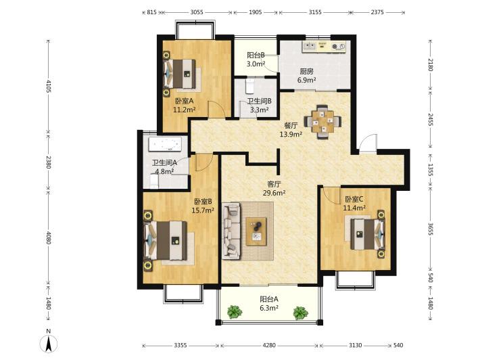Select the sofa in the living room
tap(231, 231)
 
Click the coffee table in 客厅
tap(256, 231)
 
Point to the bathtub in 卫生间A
tap(164, 144)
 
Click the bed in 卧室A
tap(180, 74)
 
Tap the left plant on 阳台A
tap(235, 311)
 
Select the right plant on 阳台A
tap(300, 313)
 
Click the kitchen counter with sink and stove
tap(324, 47)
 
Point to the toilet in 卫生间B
tap(249, 87)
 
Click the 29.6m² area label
tap(274, 193)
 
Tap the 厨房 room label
tap(307, 72)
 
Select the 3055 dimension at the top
tap(197, 12)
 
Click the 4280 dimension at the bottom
tap(269, 345)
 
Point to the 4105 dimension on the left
tap(49, 87)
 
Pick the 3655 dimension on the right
tap(430, 229)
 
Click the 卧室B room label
tap(203, 202)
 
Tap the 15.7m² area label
tap(203, 210)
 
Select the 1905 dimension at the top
tap(256, 12)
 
